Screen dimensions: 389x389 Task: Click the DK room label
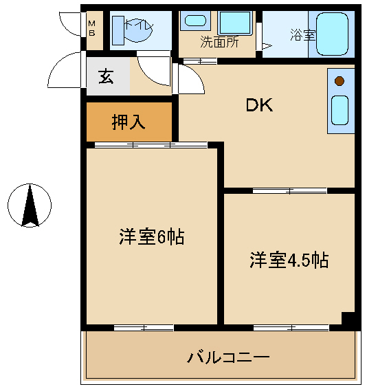tap(259, 105)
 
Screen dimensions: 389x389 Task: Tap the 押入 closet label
tap(129, 122)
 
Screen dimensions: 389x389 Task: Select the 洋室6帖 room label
tap(152, 236)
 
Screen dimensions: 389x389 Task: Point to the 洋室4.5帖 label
tap(289, 260)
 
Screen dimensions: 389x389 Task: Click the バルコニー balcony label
tap(228, 357)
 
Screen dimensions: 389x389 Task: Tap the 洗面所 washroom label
tap(219, 42)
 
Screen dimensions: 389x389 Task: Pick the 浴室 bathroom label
tap(302, 35)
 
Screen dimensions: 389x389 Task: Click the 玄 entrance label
tap(106, 76)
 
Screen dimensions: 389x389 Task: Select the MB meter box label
tap(92, 29)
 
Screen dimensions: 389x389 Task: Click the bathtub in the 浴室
tap(332, 34)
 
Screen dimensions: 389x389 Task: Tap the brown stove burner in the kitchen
tap(339, 81)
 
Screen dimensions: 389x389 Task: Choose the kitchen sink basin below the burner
tap(340, 110)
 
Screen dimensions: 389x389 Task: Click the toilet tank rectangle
tap(118, 30)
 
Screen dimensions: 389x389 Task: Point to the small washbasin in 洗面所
tap(195, 21)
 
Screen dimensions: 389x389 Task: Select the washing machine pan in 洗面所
tap(235, 23)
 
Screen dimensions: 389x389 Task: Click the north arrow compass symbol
tap(30, 205)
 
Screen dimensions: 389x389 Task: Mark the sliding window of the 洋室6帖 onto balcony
tap(144, 328)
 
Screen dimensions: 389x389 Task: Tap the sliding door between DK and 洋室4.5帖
tap(290, 191)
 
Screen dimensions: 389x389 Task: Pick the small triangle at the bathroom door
tap(267, 46)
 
